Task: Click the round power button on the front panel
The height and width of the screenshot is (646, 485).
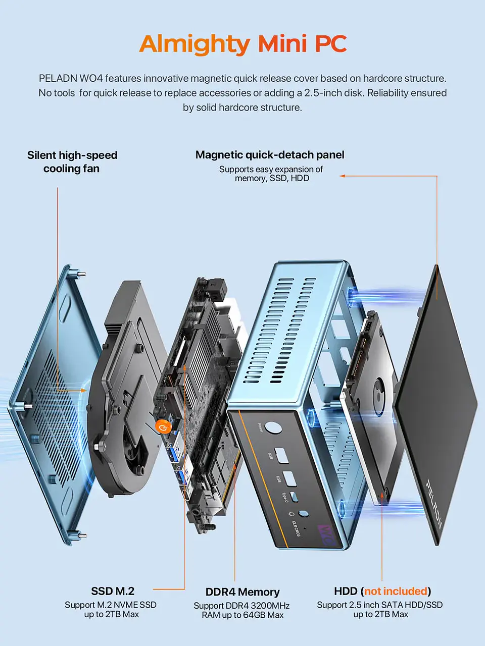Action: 273,427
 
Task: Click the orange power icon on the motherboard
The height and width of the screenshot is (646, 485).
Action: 162,427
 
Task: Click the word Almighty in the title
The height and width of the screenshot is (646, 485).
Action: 195,44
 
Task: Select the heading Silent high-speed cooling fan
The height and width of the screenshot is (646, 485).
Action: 72,161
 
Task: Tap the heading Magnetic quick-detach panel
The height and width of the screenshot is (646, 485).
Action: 270,155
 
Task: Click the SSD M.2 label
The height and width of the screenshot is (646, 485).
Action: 113,591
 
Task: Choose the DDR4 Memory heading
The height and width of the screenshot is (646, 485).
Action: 243,592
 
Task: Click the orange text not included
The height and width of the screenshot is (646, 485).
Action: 396,591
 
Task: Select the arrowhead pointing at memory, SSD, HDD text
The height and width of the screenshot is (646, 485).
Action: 342,176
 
